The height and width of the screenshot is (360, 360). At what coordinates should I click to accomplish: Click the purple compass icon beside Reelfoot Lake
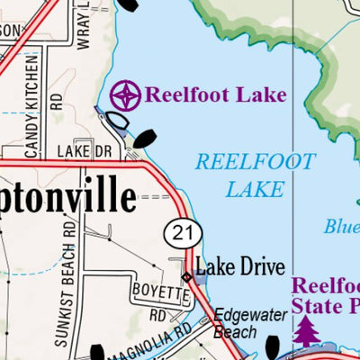[125, 94]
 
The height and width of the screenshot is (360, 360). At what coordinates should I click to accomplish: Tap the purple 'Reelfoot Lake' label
[215, 94]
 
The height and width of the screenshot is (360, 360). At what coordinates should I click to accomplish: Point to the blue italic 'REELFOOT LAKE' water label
[256, 175]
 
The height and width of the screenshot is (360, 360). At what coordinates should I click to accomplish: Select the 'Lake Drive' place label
[240, 266]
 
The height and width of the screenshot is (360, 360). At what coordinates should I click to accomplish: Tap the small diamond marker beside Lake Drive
[187, 276]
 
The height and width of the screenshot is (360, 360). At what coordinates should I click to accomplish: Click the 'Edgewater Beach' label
[253, 322]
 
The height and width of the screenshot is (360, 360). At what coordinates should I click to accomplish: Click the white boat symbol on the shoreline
[117, 119]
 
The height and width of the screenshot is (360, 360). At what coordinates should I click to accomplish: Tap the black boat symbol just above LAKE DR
[145, 138]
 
